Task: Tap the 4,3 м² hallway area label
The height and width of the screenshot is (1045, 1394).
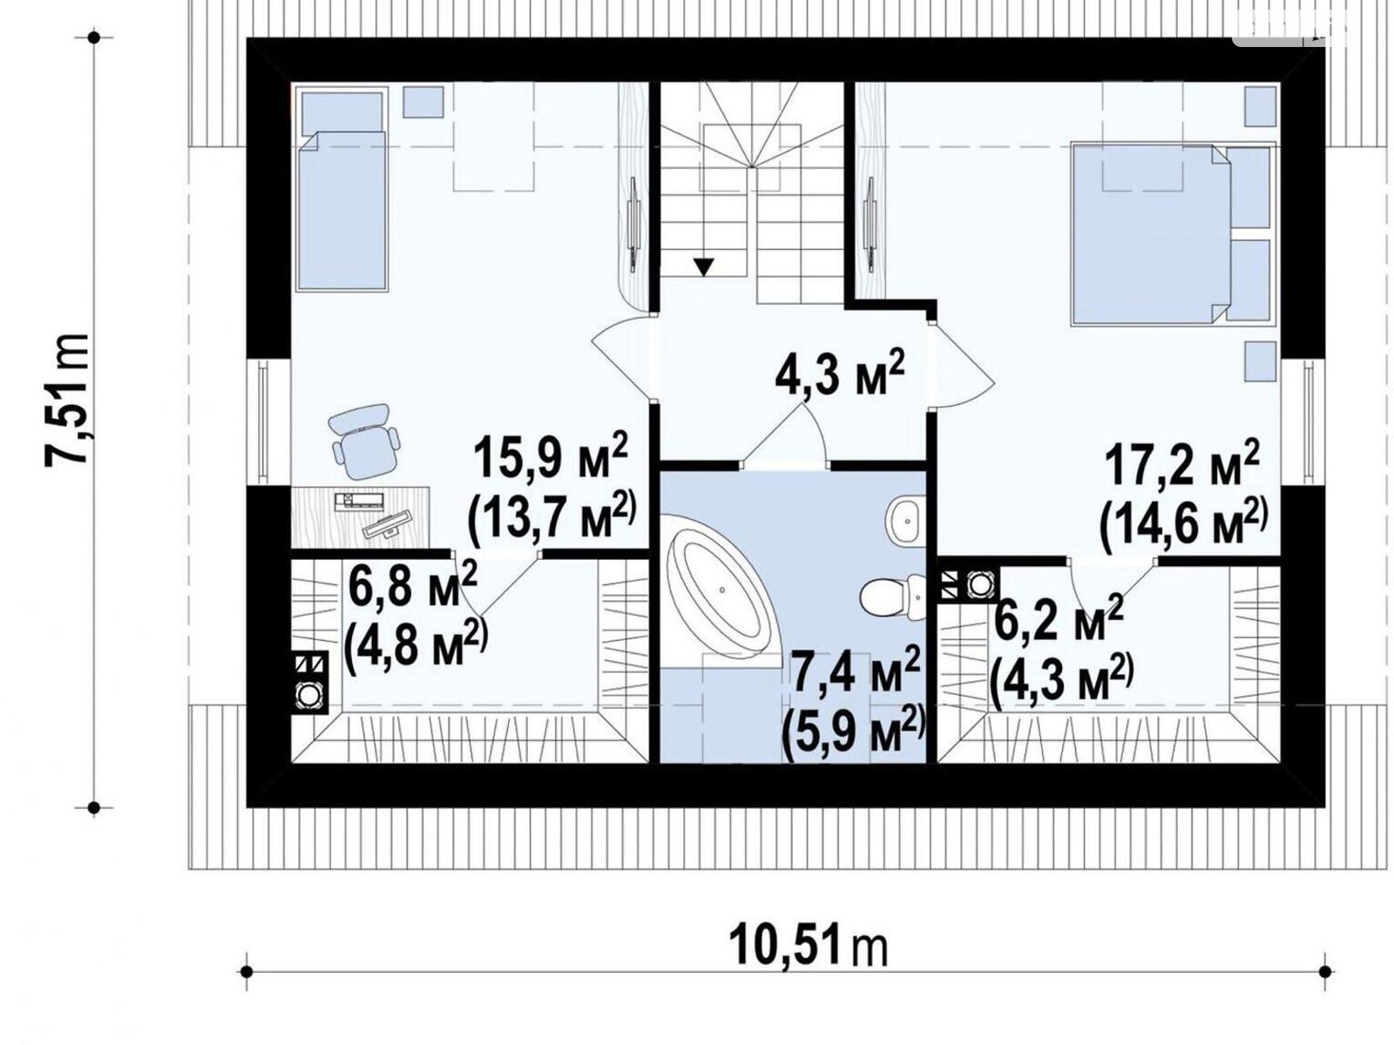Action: point(838,375)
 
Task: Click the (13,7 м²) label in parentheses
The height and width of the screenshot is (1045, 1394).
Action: point(552,518)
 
